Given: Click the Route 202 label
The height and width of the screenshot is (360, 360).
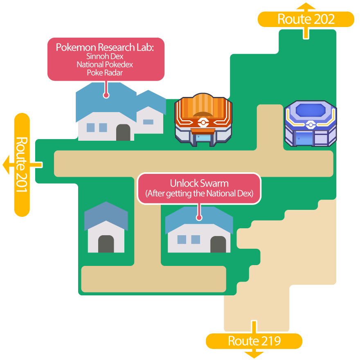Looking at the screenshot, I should point(306,19).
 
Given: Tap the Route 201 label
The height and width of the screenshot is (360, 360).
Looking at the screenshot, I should point(22,164).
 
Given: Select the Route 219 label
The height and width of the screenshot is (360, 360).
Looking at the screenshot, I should point(254,341).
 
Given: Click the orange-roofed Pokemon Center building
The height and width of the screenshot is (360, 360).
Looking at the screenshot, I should point(203,121).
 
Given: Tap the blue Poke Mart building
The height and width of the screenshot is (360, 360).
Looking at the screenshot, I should point(310,124).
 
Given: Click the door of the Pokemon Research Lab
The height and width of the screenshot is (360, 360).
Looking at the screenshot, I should point(123,133).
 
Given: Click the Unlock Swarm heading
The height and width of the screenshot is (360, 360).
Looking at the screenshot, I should point(199,183).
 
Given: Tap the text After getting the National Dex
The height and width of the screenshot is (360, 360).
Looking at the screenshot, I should point(199,193).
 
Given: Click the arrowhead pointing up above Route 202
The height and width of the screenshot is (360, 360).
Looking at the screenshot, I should point(306,6).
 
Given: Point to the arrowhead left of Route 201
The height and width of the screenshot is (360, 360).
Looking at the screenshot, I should point(6,164).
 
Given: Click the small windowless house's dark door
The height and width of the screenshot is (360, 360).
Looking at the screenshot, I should point(106,244).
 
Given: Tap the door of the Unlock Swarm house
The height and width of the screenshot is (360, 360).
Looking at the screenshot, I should point(218,244).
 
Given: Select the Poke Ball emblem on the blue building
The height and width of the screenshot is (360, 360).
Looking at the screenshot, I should point(310,124).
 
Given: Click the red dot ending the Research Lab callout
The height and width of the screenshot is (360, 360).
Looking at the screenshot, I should point(106,95).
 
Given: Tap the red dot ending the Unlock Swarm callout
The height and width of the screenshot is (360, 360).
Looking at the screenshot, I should point(199,218).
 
